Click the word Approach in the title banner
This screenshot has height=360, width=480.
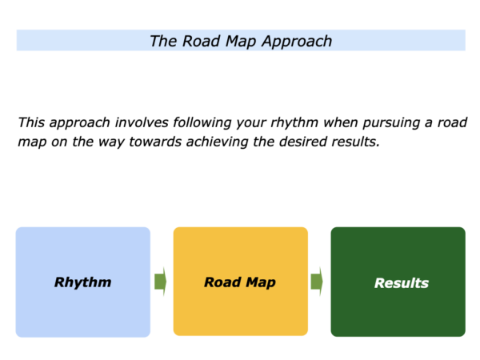[x=297, y=42]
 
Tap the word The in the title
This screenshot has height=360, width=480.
[x=163, y=41]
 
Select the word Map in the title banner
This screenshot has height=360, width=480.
[x=241, y=42]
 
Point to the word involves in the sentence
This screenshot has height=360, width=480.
[x=142, y=122]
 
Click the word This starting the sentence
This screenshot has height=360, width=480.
[x=31, y=122]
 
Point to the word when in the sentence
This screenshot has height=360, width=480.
[x=341, y=122]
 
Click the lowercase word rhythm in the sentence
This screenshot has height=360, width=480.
[x=294, y=123]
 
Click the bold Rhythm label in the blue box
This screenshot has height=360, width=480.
[x=82, y=282]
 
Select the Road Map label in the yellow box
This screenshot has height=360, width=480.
[x=240, y=282]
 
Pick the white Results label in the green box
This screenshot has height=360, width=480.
[x=402, y=283]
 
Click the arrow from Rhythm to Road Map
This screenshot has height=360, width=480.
[x=161, y=282]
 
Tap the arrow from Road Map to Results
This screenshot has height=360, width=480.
[x=317, y=282]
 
